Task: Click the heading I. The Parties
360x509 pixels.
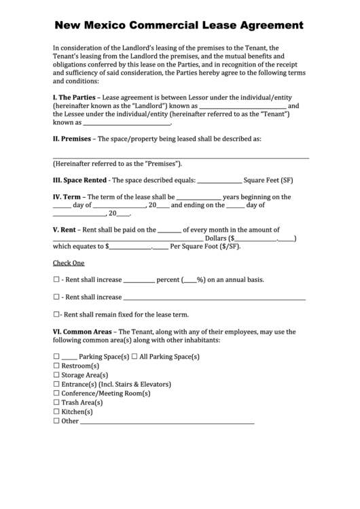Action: point(74,97)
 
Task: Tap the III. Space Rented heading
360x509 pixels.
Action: point(79,180)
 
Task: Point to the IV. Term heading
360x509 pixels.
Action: point(67,197)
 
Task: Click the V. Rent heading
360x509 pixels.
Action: point(64,230)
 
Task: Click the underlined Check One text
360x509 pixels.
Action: point(69,263)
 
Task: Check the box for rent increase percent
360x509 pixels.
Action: point(56,279)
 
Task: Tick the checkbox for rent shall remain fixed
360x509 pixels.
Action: point(56,315)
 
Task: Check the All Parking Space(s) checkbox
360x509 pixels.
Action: point(134,357)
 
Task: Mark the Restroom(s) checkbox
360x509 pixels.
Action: point(56,366)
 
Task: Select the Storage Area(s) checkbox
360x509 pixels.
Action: point(56,375)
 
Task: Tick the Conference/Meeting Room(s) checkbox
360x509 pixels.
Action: point(56,393)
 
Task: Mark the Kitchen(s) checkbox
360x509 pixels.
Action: point(56,412)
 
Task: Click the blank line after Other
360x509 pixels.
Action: point(167,422)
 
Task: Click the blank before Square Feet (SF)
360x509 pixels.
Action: point(219,181)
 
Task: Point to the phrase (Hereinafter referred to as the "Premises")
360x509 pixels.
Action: point(118,164)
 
